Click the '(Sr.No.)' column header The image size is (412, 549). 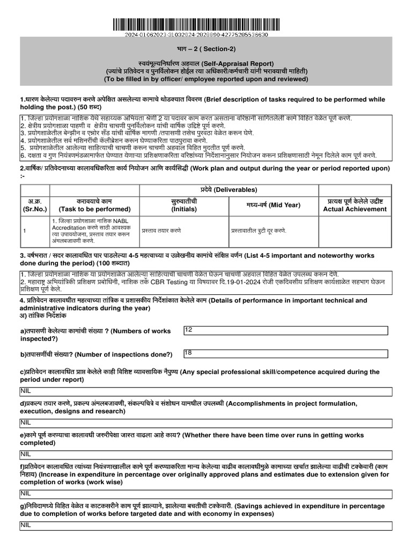tap(35, 209)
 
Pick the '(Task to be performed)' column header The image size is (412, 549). tap(94, 209)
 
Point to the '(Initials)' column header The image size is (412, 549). tap(184, 209)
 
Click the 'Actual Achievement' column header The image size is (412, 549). tap(355, 209)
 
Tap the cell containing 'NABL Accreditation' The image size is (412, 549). tap(94, 231)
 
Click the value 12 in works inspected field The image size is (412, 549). tap(188, 330)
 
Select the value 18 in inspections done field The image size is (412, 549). tap(188, 353)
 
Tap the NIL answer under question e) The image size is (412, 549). tap(26, 454)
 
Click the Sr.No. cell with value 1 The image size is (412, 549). tap(25, 231)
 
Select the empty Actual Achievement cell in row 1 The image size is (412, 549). tap(355, 231)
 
